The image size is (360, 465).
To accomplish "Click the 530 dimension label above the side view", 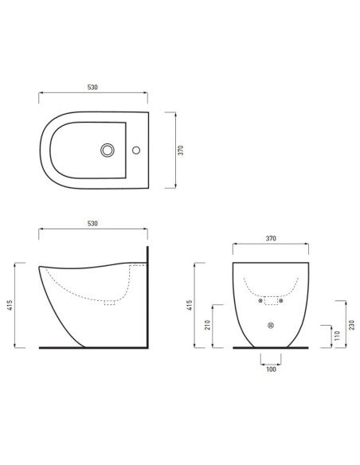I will tap(92, 225).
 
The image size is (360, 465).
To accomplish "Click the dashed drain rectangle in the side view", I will tap(110, 302).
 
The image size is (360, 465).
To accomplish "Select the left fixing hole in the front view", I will tap(260, 300).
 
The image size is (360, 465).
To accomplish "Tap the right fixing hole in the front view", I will tap(280, 300).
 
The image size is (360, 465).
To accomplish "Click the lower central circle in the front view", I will tap(270, 325).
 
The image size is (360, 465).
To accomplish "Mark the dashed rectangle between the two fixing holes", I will tap(270, 301).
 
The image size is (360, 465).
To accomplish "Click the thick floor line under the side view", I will tap(94, 348).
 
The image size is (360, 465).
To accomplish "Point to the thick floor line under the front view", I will tap(270, 348).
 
